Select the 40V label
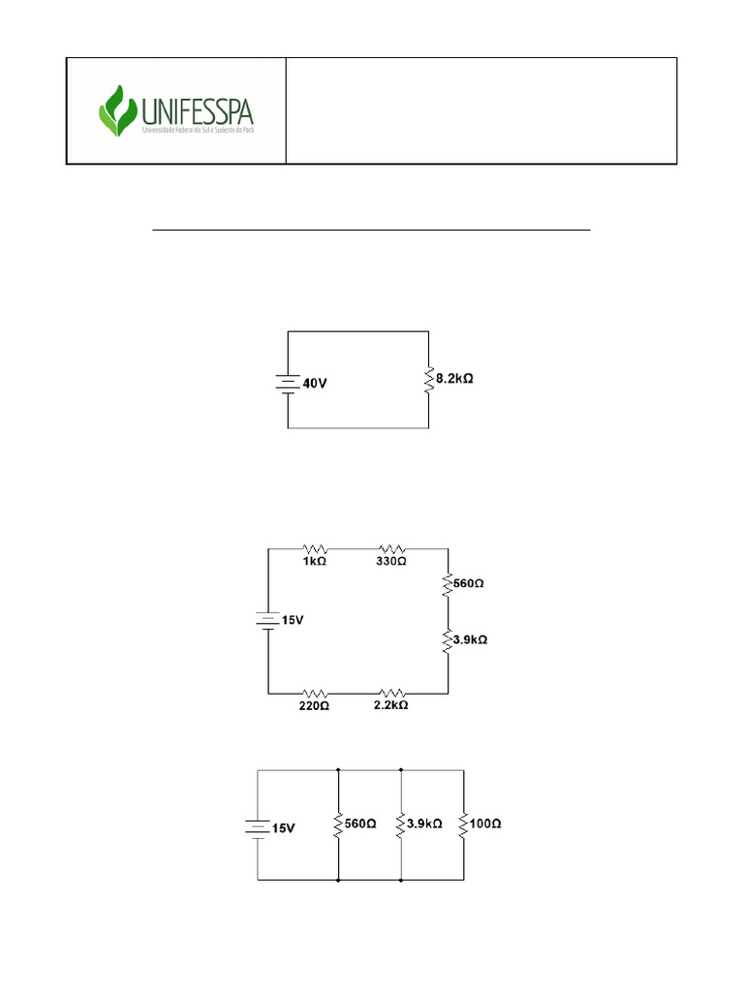[x=315, y=383]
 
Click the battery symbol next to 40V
[x=288, y=383]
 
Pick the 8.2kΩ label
[x=454, y=379]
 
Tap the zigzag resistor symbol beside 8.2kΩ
[x=427, y=380]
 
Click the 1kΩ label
[x=315, y=561]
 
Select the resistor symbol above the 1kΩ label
[x=315, y=548]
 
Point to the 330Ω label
[x=390, y=561]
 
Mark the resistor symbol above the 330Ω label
[x=390, y=548]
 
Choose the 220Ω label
[x=314, y=705]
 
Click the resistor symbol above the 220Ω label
[x=314, y=693]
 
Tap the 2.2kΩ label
[x=390, y=705]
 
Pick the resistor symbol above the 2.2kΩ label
[x=390, y=693]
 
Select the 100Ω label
[x=485, y=824]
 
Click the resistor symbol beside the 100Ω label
[x=464, y=825]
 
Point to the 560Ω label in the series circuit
[x=469, y=584]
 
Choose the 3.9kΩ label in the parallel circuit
[x=424, y=824]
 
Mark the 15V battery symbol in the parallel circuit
[x=258, y=827]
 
